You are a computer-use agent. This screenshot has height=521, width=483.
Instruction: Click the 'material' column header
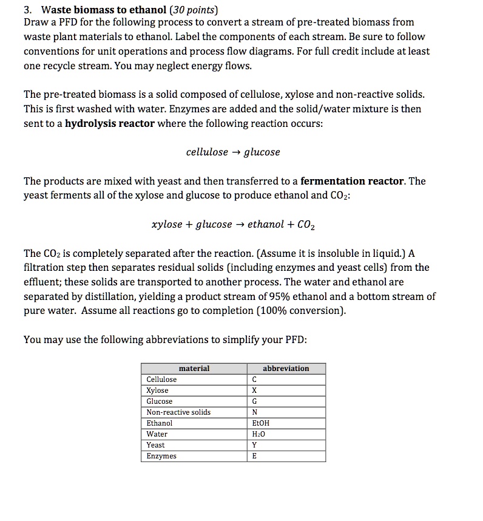[x=194, y=368]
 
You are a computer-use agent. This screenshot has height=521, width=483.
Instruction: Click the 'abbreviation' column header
[x=286, y=368]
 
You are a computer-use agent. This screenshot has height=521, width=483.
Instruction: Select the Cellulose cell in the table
[x=162, y=380]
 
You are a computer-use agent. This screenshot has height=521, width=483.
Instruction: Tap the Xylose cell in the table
[x=158, y=390]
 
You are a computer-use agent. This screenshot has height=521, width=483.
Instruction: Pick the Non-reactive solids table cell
[x=179, y=412]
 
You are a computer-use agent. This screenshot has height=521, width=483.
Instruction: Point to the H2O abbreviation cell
[x=260, y=434]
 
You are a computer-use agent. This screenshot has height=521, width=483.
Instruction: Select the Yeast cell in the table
[x=156, y=445]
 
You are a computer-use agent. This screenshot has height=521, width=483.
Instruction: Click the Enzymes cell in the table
[x=161, y=456]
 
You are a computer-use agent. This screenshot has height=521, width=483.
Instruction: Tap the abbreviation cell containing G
[x=254, y=401]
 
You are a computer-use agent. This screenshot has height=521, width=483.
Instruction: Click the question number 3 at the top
[x=27, y=10]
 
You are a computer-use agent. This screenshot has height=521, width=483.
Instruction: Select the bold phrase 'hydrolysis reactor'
[x=109, y=123]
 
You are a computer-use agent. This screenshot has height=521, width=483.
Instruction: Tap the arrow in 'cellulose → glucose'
[x=236, y=152]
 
